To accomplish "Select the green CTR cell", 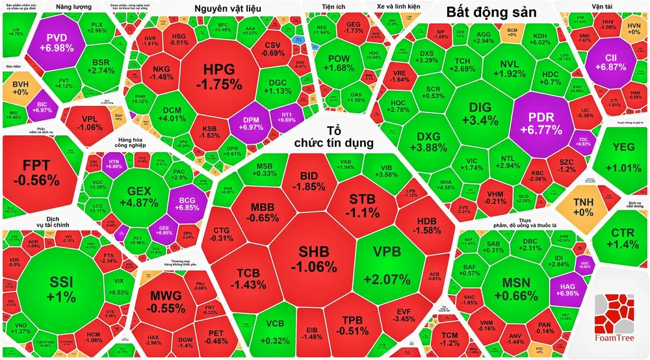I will pos(622,238).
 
